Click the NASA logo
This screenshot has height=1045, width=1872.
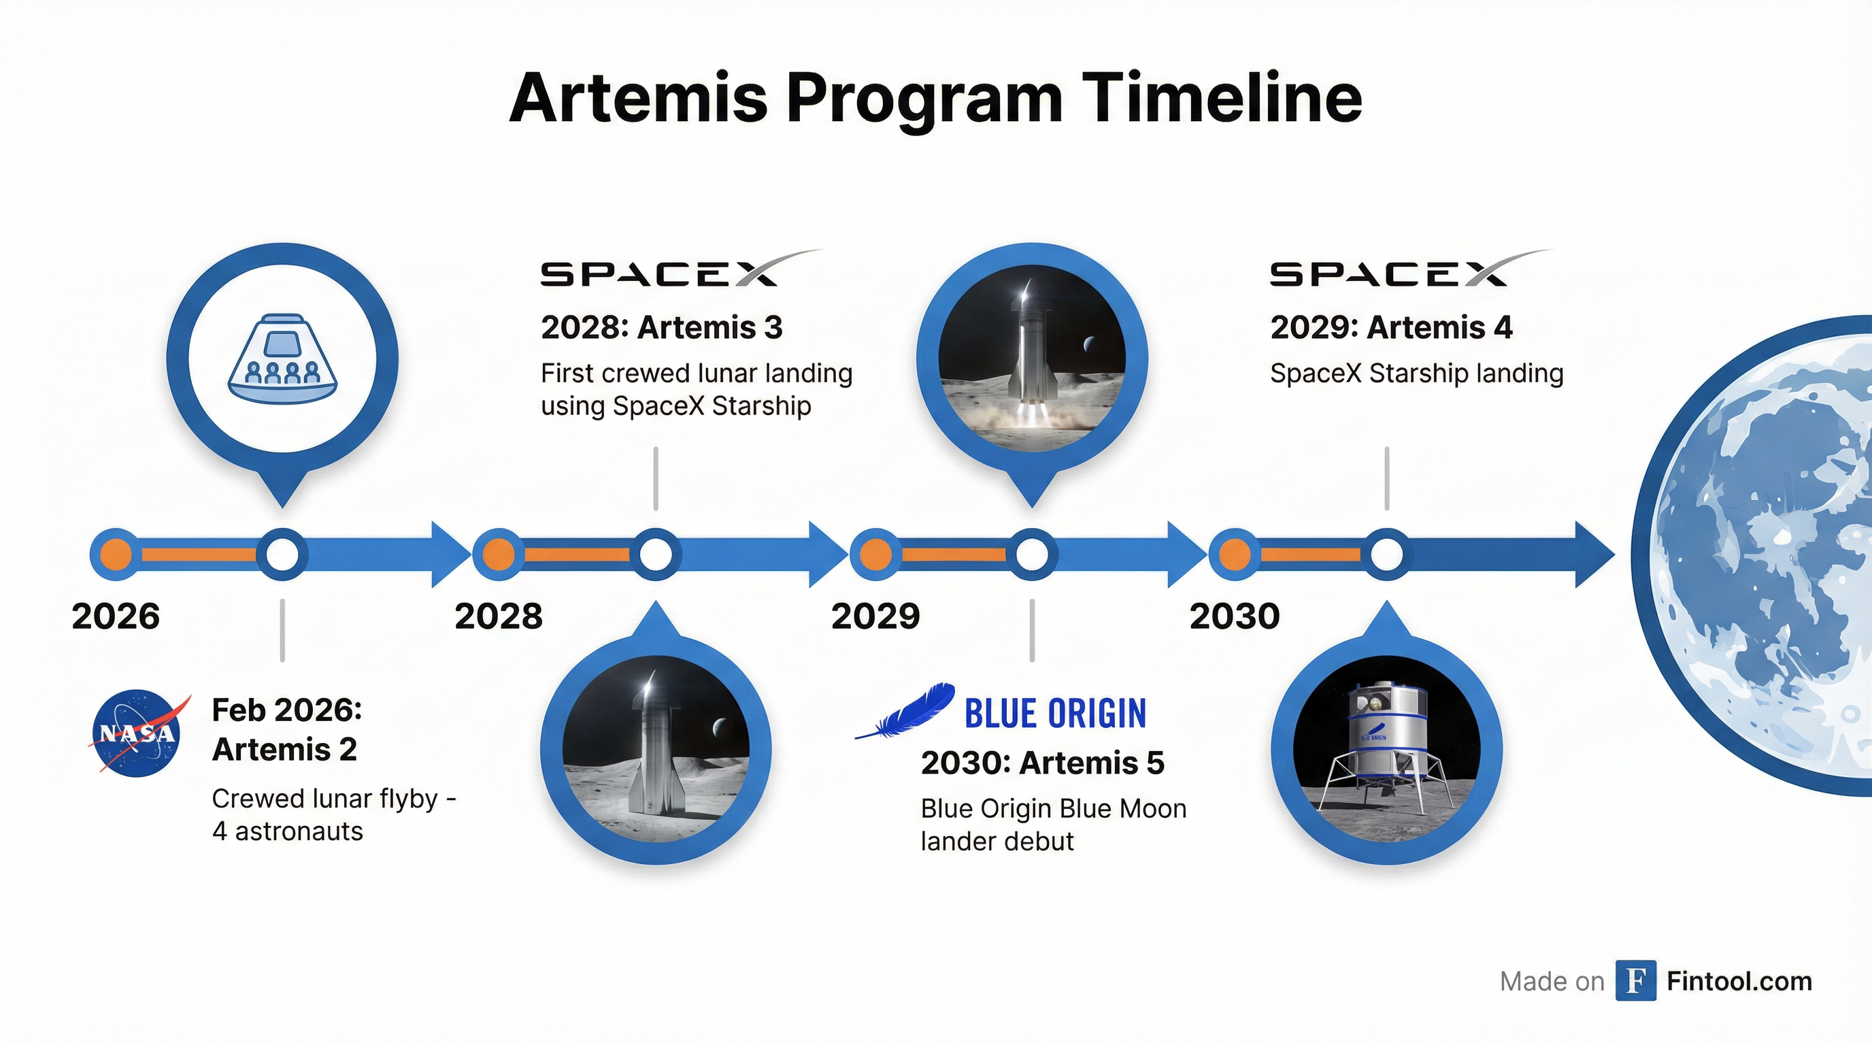click(x=137, y=733)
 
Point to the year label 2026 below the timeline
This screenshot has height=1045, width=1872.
click(x=116, y=616)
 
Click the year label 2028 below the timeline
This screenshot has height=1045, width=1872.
click(x=499, y=616)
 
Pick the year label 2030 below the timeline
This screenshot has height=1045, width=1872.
click(x=1234, y=616)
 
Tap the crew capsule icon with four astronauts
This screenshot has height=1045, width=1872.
click(x=283, y=359)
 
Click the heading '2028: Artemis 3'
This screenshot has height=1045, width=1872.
click(x=661, y=328)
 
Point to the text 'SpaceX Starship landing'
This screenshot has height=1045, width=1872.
click(x=1416, y=374)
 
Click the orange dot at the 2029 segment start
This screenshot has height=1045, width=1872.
click(x=875, y=555)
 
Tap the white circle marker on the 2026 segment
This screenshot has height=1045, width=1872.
click(x=282, y=555)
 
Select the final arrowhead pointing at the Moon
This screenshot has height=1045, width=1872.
click(x=1594, y=554)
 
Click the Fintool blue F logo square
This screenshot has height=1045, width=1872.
click(x=1635, y=980)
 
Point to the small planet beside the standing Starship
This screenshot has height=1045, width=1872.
click(x=720, y=726)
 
